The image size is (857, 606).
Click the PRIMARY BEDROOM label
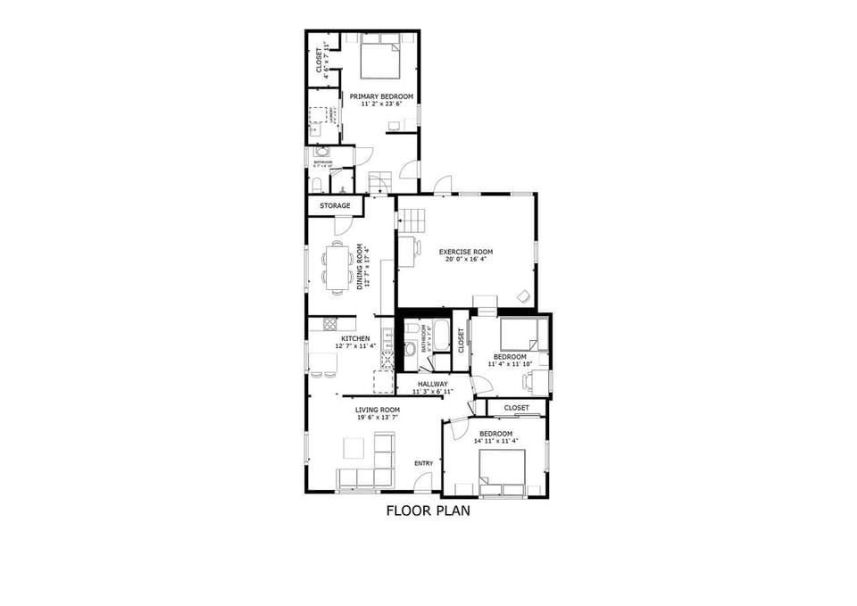381,95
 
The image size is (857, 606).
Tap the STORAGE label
335,206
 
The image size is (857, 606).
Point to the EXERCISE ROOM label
465,252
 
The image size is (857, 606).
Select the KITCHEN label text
354,338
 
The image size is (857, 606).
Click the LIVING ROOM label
378,410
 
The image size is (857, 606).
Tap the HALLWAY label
433,384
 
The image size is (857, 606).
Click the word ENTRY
423,463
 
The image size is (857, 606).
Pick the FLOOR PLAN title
428,511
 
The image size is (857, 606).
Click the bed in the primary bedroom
380,59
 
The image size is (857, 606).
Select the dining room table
337,267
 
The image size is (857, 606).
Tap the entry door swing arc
423,482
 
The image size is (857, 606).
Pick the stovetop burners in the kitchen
329,325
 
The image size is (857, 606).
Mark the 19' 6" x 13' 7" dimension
378,418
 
